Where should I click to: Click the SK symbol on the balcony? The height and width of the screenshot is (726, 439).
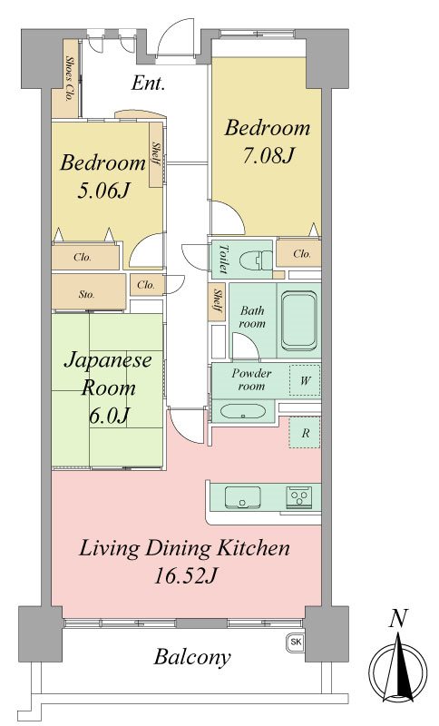point(296,643)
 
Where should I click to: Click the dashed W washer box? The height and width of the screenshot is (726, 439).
point(305,380)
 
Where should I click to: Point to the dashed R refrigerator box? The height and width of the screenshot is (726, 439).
point(305,433)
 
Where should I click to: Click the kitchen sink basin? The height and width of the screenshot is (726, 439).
point(242,498)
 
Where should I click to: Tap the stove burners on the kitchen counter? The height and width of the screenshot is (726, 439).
point(298,496)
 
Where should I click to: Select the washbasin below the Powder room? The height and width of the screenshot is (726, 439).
point(242,411)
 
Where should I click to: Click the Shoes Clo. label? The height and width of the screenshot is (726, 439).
point(70,79)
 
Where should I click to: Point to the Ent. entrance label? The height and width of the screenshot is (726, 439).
point(148,83)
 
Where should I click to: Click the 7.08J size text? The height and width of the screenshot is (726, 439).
point(268,155)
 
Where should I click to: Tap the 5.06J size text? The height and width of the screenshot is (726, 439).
point(102,191)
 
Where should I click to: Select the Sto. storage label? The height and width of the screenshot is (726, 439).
point(86,294)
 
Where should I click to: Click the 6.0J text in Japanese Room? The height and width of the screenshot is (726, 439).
point(108,416)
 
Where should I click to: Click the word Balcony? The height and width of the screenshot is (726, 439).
point(192,656)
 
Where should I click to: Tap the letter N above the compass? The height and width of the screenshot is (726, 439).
point(398,619)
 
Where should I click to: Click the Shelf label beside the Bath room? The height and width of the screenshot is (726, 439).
point(217,301)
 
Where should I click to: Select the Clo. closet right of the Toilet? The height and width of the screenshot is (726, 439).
point(302,254)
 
